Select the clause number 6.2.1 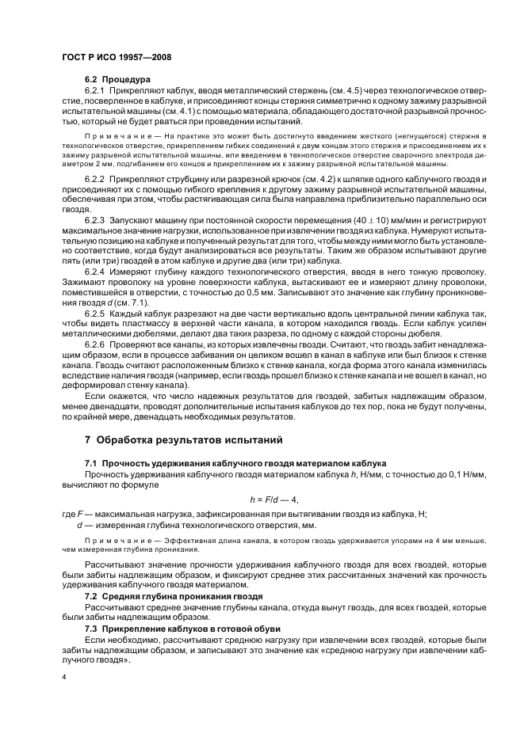[x=95, y=91]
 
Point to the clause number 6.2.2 [x=95, y=181]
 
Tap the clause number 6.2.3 [x=95, y=218]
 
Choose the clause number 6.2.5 [x=95, y=315]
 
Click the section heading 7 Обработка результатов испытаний [x=184, y=439]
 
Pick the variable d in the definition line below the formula [x=79, y=524]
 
